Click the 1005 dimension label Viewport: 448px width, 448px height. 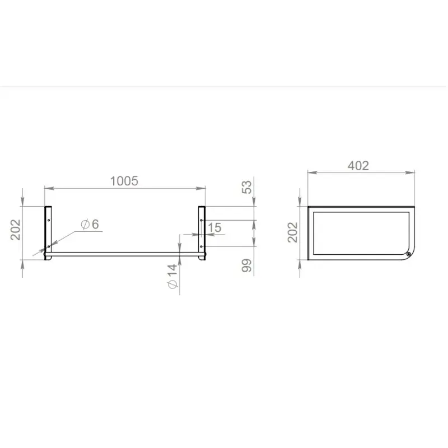pos(124,181)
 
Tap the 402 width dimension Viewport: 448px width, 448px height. pos(358,166)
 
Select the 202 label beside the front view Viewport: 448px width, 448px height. pos(16,230)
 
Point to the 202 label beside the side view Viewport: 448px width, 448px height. pos(292,232)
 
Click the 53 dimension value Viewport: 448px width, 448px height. pos(247,187)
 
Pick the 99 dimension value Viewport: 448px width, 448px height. pos(247,265)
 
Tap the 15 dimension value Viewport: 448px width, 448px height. pos(214,228)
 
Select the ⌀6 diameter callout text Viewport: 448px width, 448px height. pos(90,225)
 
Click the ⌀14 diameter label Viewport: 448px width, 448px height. pos(172,276)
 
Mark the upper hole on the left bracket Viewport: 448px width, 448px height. pos(49,220)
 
